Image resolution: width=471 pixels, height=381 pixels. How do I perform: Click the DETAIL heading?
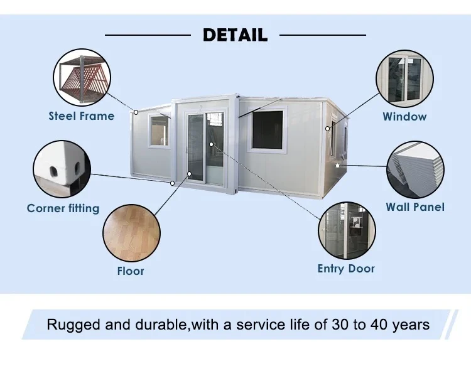[235, 35]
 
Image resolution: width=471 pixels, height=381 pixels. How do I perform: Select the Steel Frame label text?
[82, 115]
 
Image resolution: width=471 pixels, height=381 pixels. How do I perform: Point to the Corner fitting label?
[63, 208]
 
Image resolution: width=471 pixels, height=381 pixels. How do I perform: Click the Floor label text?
[131, 271]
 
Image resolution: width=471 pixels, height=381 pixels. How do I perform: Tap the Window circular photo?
[404, 80]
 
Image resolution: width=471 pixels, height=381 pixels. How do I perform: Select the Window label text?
[404, 116]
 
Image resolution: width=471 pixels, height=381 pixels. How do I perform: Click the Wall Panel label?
[414, 207]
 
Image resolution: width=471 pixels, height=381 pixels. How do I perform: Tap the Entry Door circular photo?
[346, 231]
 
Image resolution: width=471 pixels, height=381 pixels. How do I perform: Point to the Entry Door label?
[346, 269]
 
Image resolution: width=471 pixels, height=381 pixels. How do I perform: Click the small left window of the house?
[160, 131]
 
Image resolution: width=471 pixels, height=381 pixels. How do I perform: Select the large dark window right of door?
[268, 130]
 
